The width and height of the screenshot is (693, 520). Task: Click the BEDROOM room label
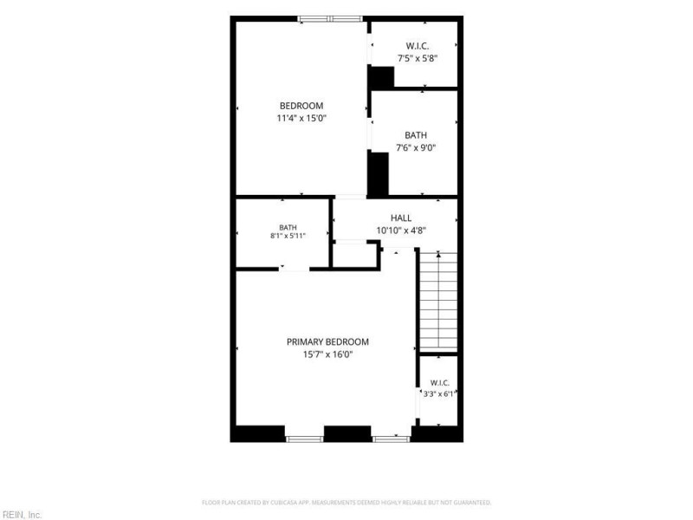(x=301, y=106)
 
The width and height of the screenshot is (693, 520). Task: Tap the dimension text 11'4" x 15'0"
(x=301, y=118)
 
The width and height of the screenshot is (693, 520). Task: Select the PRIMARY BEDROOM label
(x=327, y=341)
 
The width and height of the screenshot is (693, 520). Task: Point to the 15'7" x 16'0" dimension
(x=327, y=354)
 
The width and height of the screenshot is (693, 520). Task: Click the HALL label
(x=401, y=218)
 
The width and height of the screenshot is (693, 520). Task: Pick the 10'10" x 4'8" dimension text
(x=401, y=231)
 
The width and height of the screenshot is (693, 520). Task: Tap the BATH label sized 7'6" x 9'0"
(x=416, y=135)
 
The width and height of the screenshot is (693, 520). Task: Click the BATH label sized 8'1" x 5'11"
(x=288, y=228)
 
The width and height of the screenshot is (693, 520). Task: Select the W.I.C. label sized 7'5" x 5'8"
(x=418, y=46)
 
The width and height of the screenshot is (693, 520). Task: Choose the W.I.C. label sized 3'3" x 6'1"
(x=440, y=383)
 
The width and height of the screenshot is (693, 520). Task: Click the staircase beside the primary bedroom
(x=438, y=301)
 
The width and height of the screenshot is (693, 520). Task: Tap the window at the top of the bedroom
(x=330, y=19)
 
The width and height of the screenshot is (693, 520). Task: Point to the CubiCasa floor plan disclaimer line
(x=346, y=503)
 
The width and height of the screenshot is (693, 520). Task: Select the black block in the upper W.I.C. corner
(x=382, y=77)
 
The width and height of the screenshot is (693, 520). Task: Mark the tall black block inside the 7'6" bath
(x=379, y=174)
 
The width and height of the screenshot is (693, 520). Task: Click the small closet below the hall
(x=355, y=255)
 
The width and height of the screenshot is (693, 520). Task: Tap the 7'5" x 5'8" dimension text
(x=418, y=58)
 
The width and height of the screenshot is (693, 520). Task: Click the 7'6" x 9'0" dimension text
(x=416, y=147)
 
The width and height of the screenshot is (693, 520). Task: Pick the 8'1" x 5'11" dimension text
(x=288, y=236)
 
